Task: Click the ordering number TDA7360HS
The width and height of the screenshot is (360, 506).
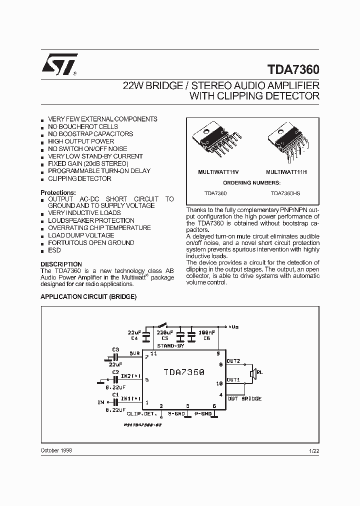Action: tap(285, 192)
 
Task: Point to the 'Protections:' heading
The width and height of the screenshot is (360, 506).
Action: tap(58, 192)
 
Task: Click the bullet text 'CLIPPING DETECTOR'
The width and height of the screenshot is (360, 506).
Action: tap(79, 178)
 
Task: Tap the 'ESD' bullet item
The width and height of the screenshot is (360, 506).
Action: tap(54, 250)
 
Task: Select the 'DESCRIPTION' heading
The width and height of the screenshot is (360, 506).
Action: tap(61, 264)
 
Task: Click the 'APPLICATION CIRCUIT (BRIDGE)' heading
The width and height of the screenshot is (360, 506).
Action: tap(88, 296)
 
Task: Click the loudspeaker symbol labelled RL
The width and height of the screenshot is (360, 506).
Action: tap(253, 372)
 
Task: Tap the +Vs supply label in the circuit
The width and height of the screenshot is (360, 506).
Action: tap(233, 327)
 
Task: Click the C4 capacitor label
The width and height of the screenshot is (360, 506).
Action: tap(134, 338)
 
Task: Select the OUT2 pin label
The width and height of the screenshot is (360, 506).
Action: tap(233, 360)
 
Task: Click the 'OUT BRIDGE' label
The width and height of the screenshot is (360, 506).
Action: tap(244, 398)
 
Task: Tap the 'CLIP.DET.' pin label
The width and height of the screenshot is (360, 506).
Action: tap(142, 414)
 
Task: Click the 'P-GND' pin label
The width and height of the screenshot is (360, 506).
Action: tap(204, 414)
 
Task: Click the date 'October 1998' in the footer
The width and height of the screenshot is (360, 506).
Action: tap(56, 450)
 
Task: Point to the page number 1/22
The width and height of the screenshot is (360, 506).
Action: tap(313, 451)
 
